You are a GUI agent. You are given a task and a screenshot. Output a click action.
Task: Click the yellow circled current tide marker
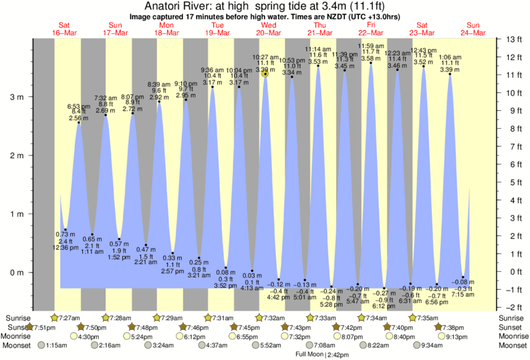(265, 74)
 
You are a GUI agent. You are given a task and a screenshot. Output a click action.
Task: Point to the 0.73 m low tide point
(65, 229)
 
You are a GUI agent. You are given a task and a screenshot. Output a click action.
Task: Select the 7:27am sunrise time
(68, 317)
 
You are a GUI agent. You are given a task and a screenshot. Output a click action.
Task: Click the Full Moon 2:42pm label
(323, 354)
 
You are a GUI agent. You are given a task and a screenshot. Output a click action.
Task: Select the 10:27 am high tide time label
(265, 57)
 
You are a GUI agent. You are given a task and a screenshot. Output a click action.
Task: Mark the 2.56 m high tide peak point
(79, 122)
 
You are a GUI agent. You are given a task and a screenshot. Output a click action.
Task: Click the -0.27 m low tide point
(384, 289)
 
